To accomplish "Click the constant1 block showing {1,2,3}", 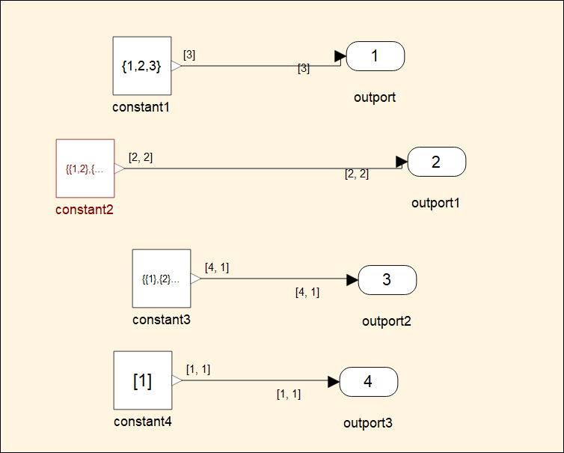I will click(x=142, y=66).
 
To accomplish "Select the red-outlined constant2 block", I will click(x=85, y=168).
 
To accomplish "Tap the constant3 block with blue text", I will click(x=162, y=279).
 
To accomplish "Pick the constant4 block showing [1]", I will click(x=142, y=380).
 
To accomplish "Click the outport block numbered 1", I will click(x=376, y=55).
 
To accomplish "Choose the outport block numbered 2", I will click(x=437, y=161).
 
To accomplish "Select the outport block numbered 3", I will click(x=387, y=280).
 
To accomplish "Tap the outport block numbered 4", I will click(x=368, y=382).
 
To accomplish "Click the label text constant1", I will click(x=141, y=107).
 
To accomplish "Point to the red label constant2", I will click(x=85, y=210).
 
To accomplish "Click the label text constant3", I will click(x=161, y=320).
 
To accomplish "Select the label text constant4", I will click(x=142, y=422).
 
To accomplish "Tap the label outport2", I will click(x=387, y=321).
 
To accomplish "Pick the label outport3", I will click(x=367, y=423).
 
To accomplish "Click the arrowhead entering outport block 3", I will click(x=352, y=280).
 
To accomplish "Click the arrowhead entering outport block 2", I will click(x=402, y=161).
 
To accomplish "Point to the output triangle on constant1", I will click(x=176, y=66).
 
